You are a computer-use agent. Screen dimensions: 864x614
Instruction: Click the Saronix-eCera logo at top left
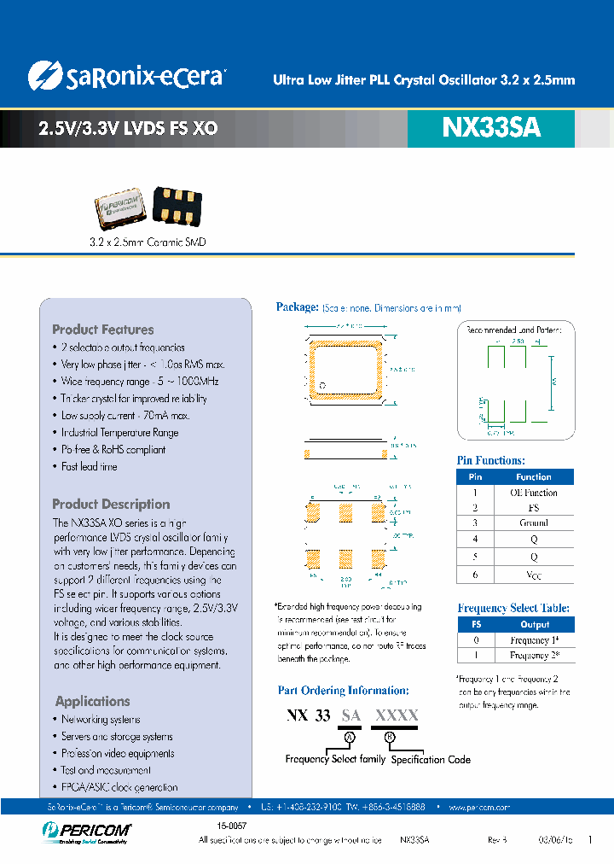click(125, 76)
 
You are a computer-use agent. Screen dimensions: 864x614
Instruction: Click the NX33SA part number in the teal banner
click(491, 128)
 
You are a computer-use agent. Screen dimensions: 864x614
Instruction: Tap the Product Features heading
click(103, 330)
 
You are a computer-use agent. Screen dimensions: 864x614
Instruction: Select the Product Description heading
click(111, 505)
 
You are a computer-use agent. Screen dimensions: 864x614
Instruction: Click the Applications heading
click(92, 701)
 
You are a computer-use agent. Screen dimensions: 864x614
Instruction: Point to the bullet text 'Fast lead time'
click(90, 467)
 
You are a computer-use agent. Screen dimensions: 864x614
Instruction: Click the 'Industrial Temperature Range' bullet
click(119, 433)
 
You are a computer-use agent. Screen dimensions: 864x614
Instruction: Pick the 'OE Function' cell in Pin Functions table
click(533, 493)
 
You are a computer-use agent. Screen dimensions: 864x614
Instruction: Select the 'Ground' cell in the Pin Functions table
click(533, 522)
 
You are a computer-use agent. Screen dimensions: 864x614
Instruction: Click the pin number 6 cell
click(476, 575)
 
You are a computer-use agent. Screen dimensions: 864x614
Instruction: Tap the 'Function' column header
click(533, 477)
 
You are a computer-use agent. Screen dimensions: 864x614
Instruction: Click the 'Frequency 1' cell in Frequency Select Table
click(535, 640)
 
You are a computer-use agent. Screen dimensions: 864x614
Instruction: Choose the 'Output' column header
click(535, 625)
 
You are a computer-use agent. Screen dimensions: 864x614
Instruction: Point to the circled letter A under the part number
click(347, 736)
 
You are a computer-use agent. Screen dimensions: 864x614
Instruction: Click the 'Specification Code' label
click(431, 759)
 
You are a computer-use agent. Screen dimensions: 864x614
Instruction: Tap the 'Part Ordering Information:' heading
click(343, 691)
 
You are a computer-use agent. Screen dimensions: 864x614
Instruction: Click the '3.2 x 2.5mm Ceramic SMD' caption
click(148, 242)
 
